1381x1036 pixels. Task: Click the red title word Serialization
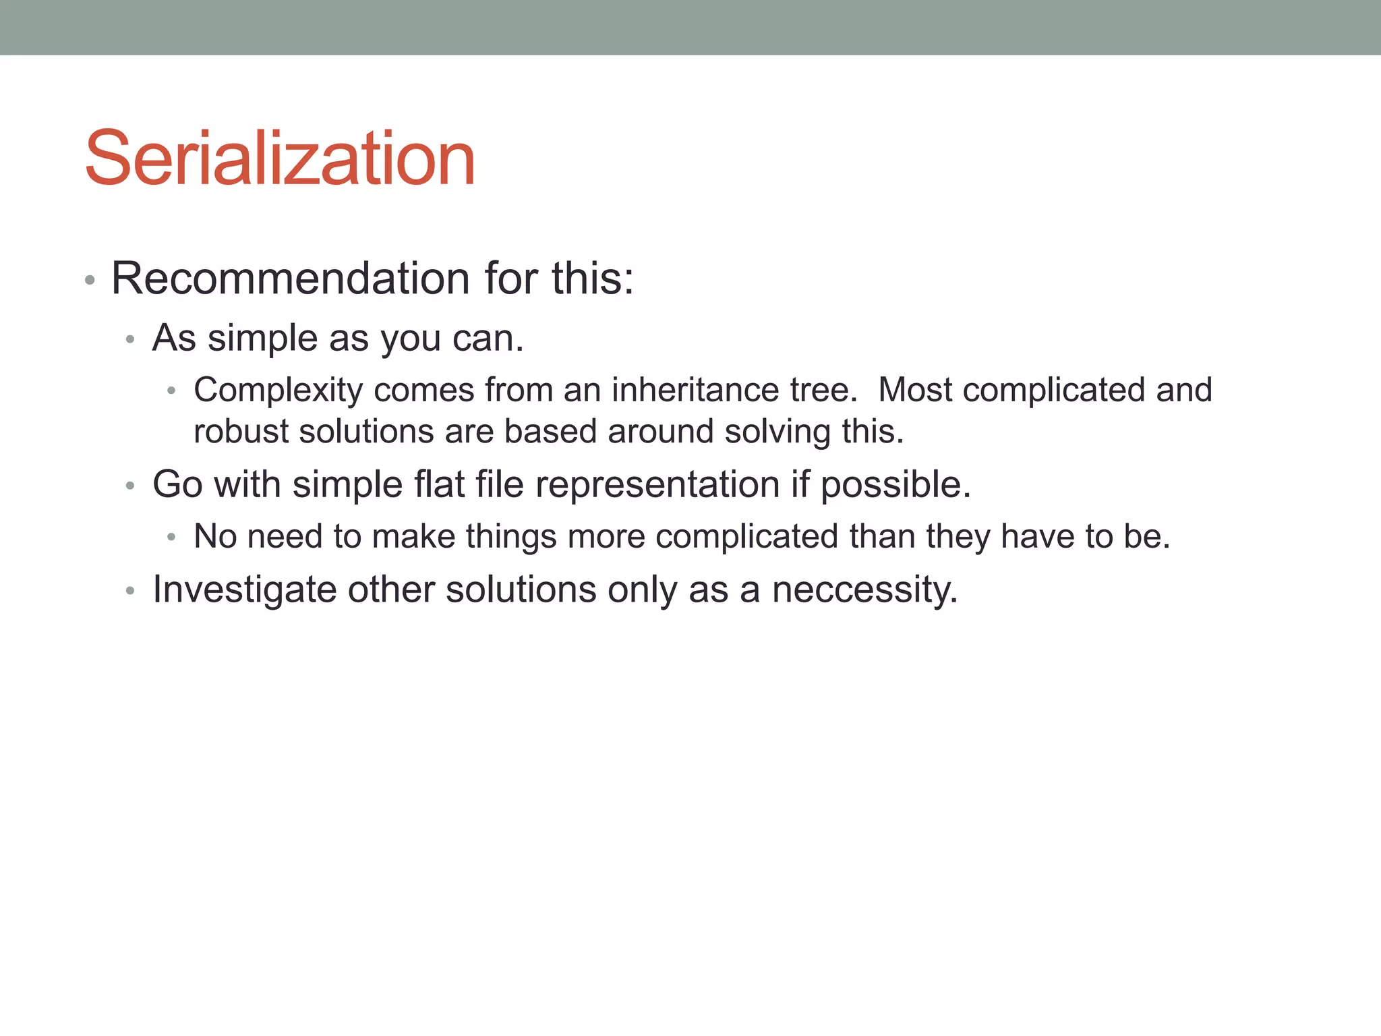click(x=280, y=159)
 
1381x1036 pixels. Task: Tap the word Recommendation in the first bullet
click(x=290, y=278)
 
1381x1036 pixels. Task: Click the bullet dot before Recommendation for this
click(x=90, y=280)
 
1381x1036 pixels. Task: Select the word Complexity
click(x=278, y=390)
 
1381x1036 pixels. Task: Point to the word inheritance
click(x=695, y=390)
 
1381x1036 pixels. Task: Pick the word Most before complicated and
click(x=915, y=390)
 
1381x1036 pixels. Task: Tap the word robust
click(x=241, y=432)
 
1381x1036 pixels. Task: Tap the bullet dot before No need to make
click(x=172, y=538)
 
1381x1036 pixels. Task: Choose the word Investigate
click(x=244, y=589)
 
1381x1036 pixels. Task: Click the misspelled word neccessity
click(x=864, y=589)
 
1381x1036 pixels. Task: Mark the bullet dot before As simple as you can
click(x=131, y=339)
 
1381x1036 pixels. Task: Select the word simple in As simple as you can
click(x=262, y=338)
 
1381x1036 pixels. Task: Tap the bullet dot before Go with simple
click(x=131, y=486)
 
